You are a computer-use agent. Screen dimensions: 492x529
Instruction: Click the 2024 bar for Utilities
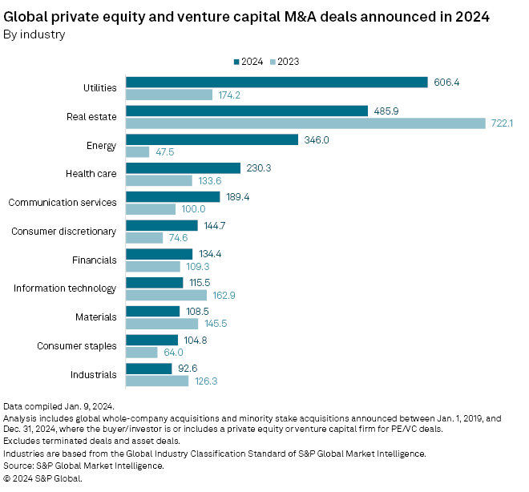pos(277,82)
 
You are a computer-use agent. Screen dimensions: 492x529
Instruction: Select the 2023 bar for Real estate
pos(306,123)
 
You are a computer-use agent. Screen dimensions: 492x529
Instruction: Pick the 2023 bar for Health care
pos(160,180)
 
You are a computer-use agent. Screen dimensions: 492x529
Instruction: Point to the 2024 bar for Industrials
pos(149,368)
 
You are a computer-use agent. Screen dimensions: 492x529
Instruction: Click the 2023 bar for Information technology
pos(167,295)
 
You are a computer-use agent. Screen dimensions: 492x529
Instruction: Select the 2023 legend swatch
pos(272,61)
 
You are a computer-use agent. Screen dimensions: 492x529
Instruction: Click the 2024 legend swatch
pos(236,61)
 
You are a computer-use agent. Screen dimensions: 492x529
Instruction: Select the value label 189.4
pos(238,196)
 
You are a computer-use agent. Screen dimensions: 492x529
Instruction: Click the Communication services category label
pos(63,203)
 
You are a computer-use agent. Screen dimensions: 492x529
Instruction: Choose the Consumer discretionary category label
pos(64,232)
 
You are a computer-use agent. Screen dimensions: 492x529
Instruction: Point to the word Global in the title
pos(25,16)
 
